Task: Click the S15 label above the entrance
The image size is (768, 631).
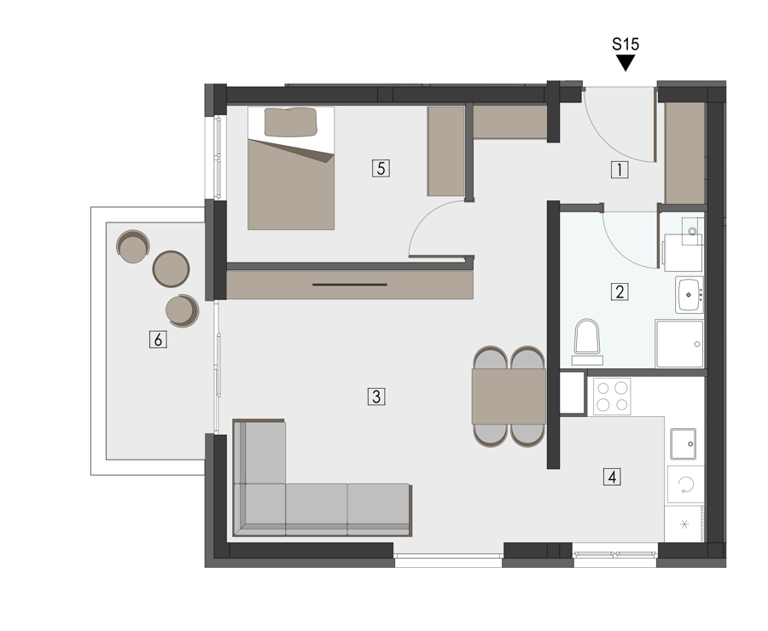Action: click(x=625, y=44)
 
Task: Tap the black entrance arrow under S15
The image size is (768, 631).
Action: click(x=625, y=62)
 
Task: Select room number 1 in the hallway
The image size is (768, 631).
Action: click(x=620, y=170)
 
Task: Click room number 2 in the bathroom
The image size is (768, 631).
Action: click(x=620, y=292)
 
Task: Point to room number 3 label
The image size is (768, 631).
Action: click(x=376, y=396)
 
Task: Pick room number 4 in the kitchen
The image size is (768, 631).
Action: click(x=612, y=477)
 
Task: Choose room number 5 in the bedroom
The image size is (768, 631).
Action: click(x=381, y=168)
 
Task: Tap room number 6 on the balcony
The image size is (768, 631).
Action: click(x=158, y=339)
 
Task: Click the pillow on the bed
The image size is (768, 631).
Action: click(x=290, y=122)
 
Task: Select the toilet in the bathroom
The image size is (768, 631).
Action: click(x=587, y=342)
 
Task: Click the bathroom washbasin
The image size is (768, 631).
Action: click(x=689, y=295)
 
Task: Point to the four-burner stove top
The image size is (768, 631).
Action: click(x=612, y=397)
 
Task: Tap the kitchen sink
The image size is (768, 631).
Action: click(x=684, y=443)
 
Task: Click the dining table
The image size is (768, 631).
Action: click(x=509, y=397)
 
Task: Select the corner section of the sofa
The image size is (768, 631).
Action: click(x=259, y=508)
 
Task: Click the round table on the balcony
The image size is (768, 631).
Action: click(x=171, y=269)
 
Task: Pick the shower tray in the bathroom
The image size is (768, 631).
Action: click(x=680, y=344)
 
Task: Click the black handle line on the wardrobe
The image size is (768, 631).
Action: click(x=350, y=285)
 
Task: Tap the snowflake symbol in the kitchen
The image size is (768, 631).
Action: click(x=684, y=524)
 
